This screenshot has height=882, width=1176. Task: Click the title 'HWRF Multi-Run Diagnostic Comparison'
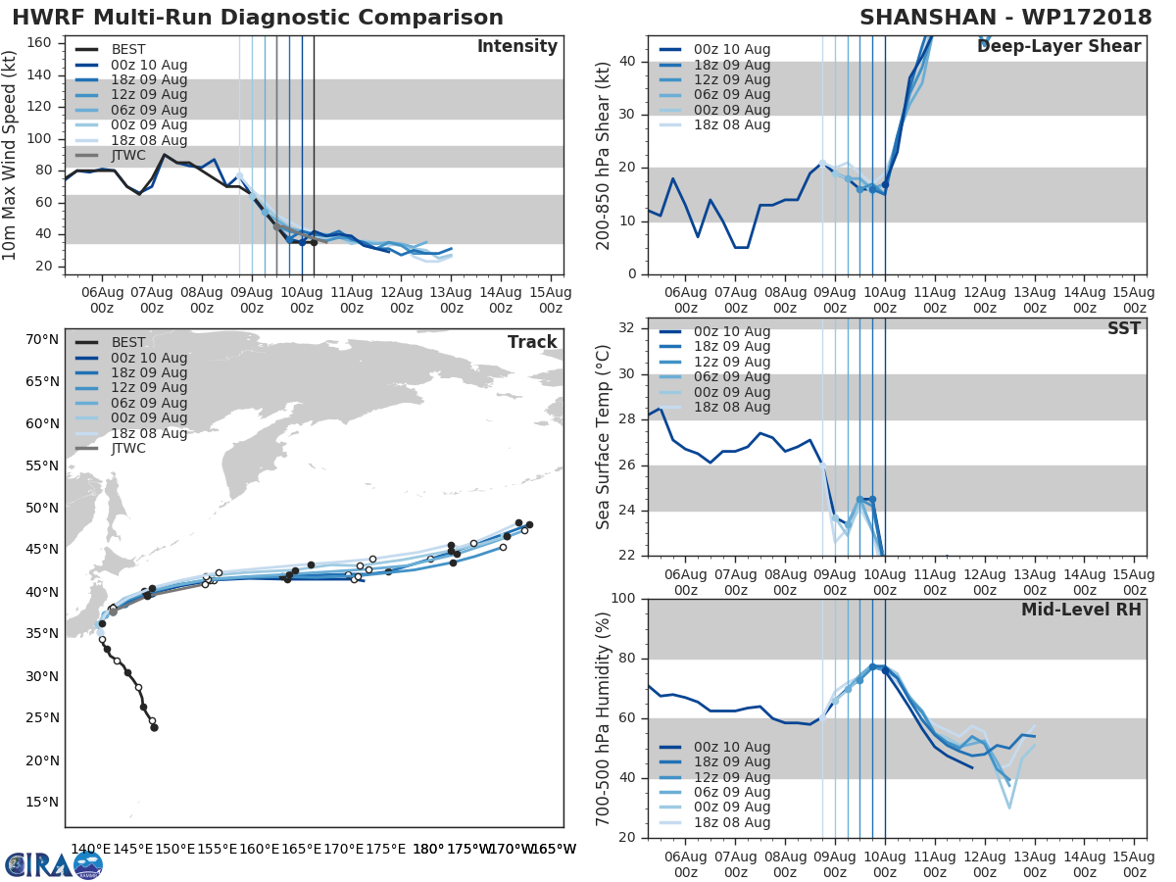[x=258, y=18]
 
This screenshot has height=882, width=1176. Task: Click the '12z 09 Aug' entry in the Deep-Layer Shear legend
[x=728, y=79]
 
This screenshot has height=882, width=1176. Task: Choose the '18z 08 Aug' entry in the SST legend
[x=728, y=407]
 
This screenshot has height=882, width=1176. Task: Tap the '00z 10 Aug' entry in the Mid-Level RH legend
[x=728, y=747]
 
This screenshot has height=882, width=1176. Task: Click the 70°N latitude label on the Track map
[x=41, y=340]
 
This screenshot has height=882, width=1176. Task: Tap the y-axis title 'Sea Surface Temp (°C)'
[x=604, y=437]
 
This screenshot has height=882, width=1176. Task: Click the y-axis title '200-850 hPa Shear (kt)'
[x=604, y=156]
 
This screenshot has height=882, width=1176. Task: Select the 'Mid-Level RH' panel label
[x=1080, y=610]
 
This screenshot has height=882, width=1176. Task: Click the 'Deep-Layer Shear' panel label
[x=1058, y=47]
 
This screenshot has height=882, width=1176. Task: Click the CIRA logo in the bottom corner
[x=53, y=864]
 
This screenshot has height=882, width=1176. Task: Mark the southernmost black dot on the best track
[x=154, y=727]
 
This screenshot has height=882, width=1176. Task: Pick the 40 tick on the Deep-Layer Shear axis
[x=628, y=61]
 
